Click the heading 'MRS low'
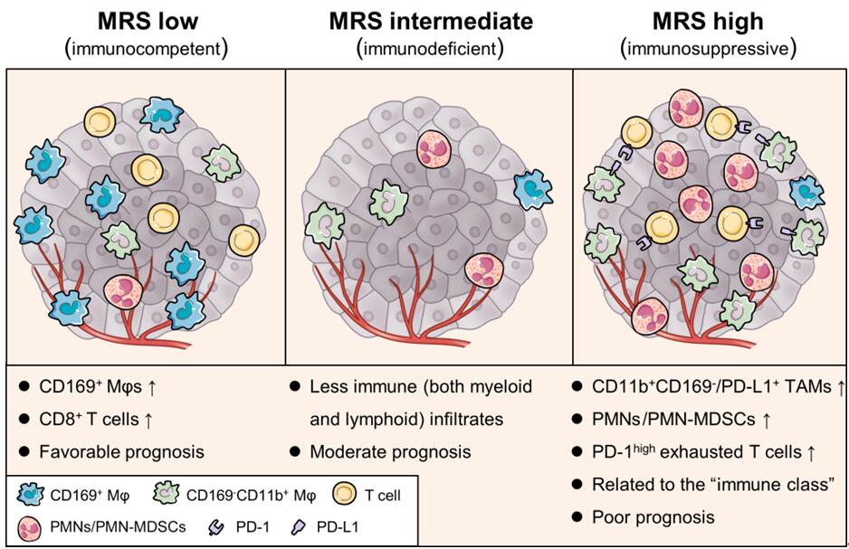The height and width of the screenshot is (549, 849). [x=144, y=20]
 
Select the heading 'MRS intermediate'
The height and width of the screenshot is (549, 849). [x=429, y=20]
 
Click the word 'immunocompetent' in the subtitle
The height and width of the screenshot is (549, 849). [x=144, y=47]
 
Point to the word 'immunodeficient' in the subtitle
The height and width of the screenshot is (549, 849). [x=429, y=47]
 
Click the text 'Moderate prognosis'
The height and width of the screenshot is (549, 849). [x=384, y=450]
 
